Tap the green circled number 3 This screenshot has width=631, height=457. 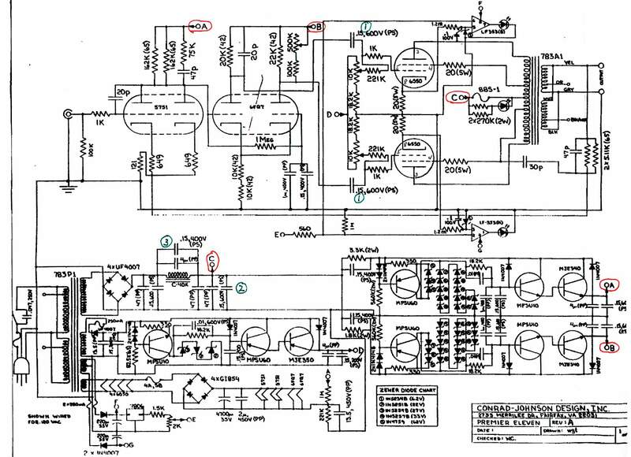[166, 242]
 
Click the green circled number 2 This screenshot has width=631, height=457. [242, 288]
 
